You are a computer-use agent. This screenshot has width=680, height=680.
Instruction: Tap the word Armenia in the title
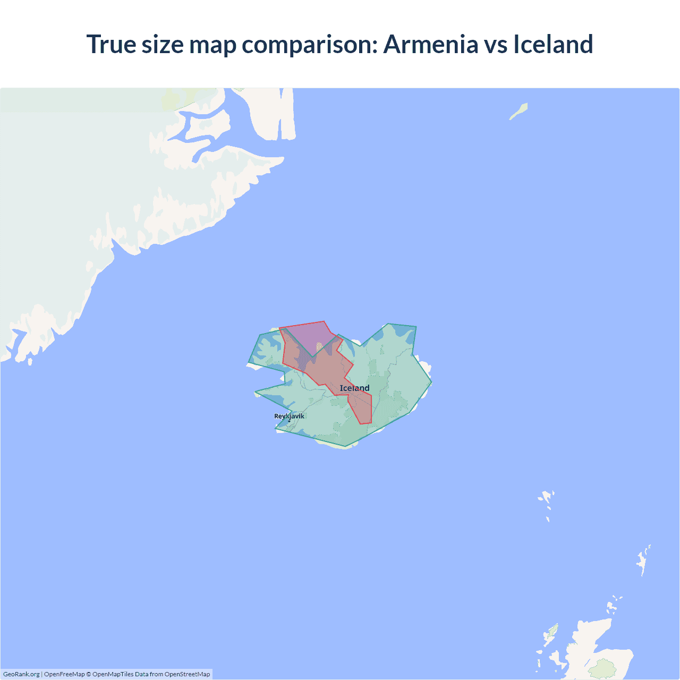431,44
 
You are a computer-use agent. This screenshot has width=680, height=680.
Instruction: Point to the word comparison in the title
310,44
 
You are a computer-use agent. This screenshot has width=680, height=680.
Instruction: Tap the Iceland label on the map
354,388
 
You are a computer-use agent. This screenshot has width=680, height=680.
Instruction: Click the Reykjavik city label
289,416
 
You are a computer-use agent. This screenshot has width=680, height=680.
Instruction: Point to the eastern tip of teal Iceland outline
431,381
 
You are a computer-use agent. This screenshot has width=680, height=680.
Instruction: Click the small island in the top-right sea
518,111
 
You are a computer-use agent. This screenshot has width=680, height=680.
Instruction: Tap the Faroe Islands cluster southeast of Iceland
546,501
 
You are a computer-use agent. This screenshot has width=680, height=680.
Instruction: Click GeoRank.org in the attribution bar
21,674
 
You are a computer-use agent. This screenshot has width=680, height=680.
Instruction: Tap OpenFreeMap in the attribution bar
64,674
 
